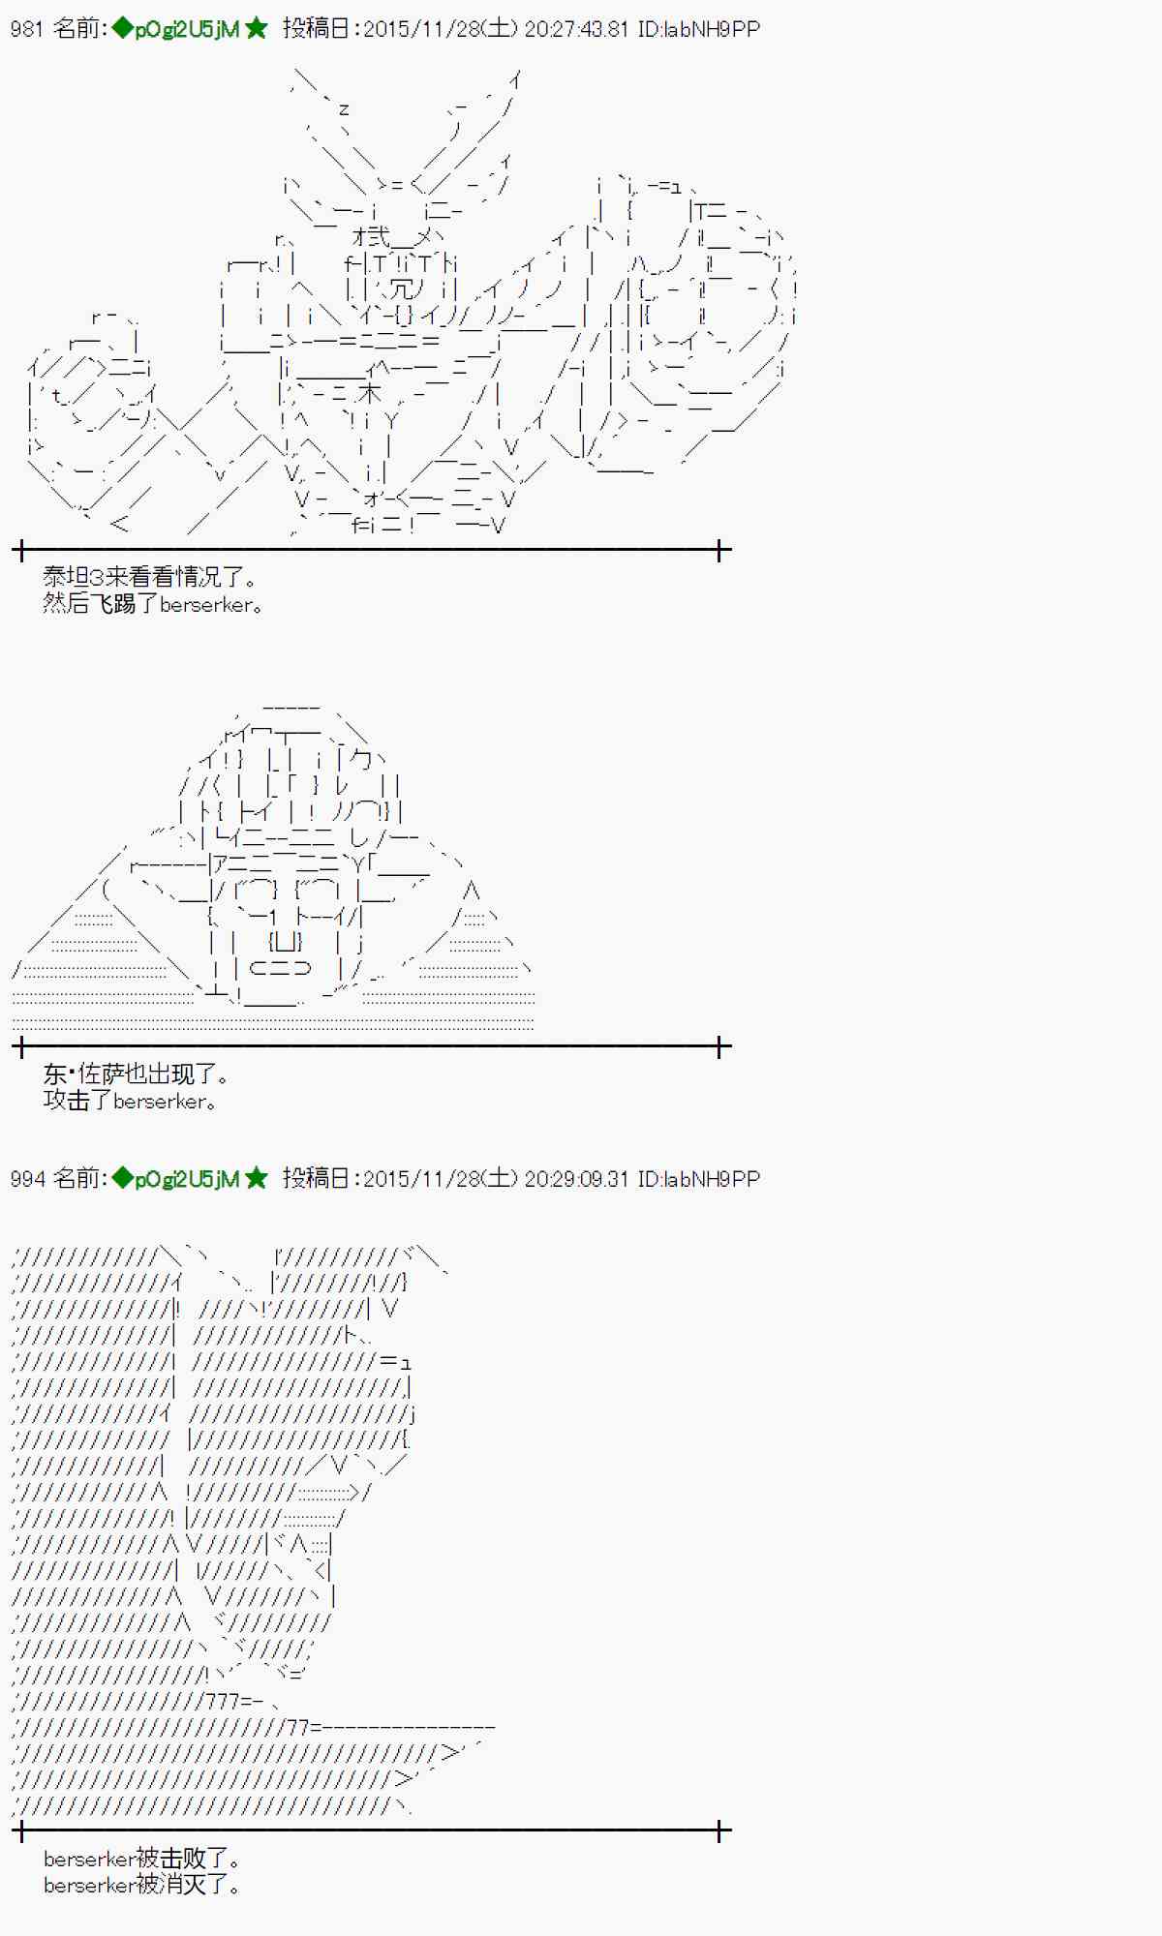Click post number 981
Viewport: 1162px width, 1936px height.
coord(26,29)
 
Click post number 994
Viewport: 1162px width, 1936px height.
coord(26,1179)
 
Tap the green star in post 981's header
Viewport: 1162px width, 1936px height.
coord(257,29)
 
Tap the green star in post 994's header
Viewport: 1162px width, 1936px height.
coord(257,1179)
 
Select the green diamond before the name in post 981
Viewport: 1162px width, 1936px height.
coord(122,29)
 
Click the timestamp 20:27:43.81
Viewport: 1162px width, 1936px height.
coord(576,29)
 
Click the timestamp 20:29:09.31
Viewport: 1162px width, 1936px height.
coord(576,1179)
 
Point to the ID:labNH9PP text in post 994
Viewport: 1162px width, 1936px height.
coord(698,1179)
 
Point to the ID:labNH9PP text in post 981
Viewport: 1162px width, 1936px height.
coord(698,29)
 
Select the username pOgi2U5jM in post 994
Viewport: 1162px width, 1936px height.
coord(187,1179)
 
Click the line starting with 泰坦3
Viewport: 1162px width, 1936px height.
coord(150,578)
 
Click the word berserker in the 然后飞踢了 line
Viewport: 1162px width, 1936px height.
coord(206,605)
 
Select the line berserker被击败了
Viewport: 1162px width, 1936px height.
coord(141,1859)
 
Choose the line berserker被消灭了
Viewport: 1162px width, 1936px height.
coord(141,1885)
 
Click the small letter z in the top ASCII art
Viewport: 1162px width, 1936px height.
coord(343,109)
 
